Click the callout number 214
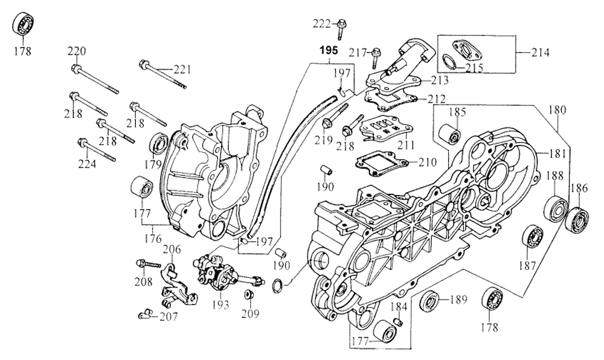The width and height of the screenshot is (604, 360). pos(541,52)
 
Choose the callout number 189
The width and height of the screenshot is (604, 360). pos(460,300)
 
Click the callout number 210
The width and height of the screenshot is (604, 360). pos(426,162)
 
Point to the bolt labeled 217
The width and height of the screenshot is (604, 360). pos(376,55)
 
